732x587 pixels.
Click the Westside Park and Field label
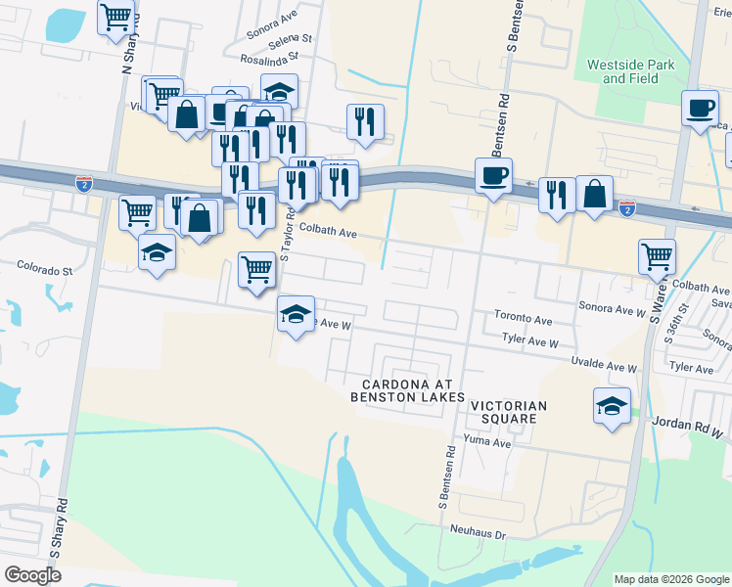coord(630,70)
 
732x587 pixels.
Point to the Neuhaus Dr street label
coord(478,535)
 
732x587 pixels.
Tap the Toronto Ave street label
coord(524,320)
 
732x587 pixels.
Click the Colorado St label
coord(45,267)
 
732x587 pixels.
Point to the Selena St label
coord(289,39)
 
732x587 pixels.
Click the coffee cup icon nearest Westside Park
coord(700,108)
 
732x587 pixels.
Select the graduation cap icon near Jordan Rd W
coord(612,404)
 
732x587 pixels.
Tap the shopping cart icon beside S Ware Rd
coord(657,256)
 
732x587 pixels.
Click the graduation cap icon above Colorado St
coord(157,251)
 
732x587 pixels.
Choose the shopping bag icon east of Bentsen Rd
coord(594,193)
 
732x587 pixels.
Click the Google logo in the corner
coord(32,574)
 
